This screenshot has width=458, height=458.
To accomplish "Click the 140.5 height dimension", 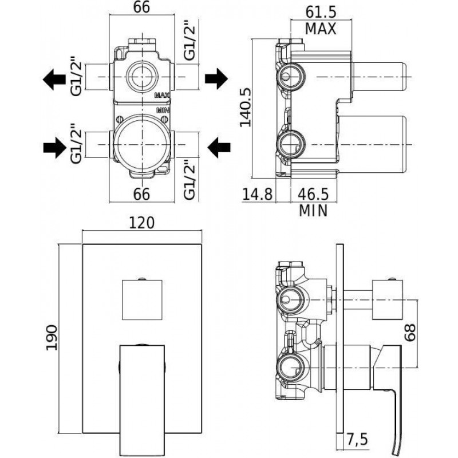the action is (x=246, y=108).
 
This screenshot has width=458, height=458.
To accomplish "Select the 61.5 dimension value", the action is (x=321, y=12).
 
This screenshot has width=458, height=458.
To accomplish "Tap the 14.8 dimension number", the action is (x=258, y=194).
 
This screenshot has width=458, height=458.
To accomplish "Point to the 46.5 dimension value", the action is (x=313, y=194).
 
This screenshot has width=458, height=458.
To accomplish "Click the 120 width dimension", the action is (x=141, y=223).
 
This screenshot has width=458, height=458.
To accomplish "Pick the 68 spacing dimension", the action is (x=410, y=333).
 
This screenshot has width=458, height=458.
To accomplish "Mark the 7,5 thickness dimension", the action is (x=357, y=439).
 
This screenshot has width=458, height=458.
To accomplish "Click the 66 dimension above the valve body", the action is (x=141, y=7).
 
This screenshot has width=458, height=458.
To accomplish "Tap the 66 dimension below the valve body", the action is (x=141, y=194).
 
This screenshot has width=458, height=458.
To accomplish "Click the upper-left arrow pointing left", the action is (x=54, y=79).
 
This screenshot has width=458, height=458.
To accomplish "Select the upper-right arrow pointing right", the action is (x=216, y=78).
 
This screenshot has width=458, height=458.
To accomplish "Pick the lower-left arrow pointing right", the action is (x=55, y=148).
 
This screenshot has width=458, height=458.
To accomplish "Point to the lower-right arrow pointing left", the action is (x=219, y=148).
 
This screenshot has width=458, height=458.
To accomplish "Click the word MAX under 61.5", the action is (x=321, y=29).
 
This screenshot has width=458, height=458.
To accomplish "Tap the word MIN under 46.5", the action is (x=313, y=211).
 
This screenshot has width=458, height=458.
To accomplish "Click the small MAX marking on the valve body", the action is (x=163, y=95).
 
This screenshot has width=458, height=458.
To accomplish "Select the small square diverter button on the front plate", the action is (x=142, y=299).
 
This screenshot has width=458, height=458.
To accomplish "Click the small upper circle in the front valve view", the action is (x=142, y=77).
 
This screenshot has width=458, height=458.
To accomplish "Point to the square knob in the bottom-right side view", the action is (x=387, y=299).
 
